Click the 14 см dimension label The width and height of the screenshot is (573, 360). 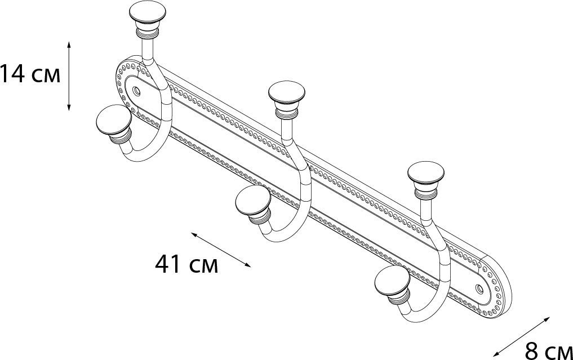(30, 74)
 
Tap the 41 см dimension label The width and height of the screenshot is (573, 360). (186, 264)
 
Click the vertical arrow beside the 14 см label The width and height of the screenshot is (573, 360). (69, 75)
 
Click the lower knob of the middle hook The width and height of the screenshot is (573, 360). (251, 204)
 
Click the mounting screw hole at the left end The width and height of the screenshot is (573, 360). (136, 90)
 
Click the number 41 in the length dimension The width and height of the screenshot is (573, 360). (167, 264)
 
